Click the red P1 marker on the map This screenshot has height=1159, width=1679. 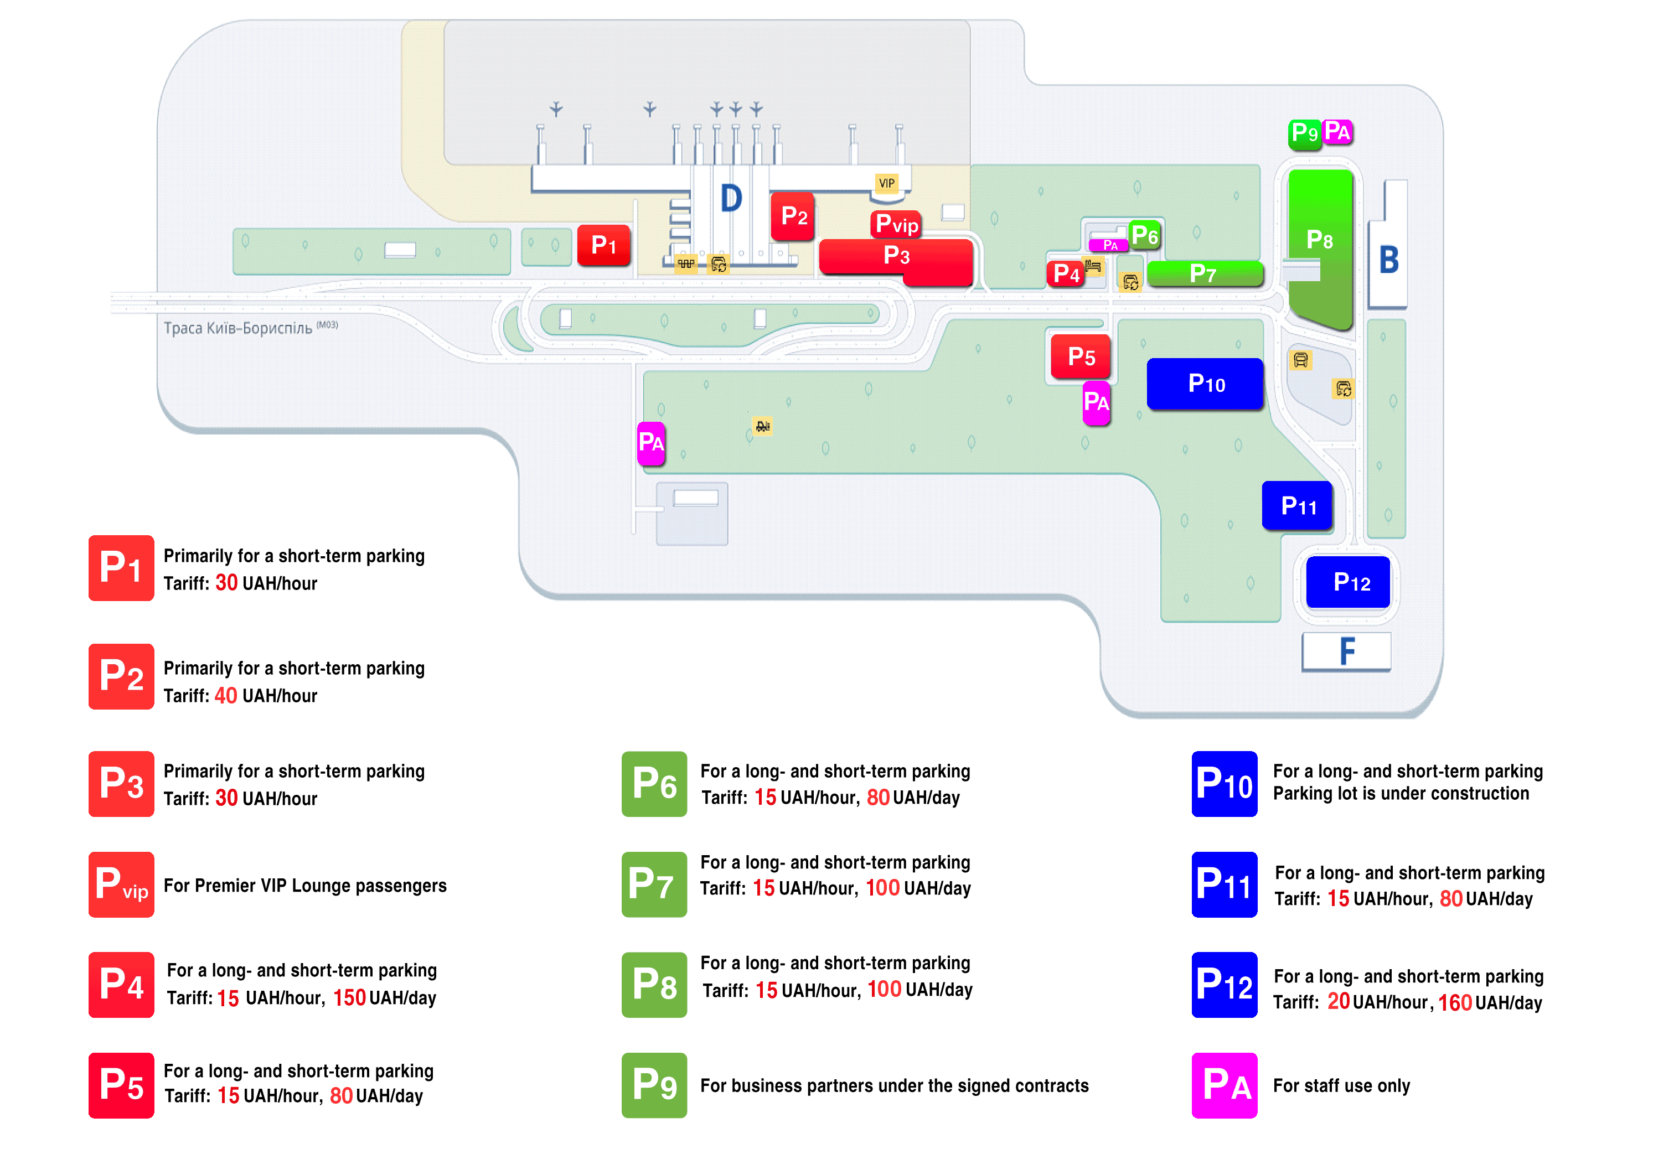pyautogui.click(x=603, y=245)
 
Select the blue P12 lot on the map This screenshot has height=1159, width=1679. pyautogui.click(x=1348, y=582)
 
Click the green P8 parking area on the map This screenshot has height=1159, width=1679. pyautogui.click(x=1320, y=247)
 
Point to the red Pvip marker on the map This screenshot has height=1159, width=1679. pyautogui.click(x=896, y=224)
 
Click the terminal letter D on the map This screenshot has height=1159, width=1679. pyautogui.click(x=731, y=198)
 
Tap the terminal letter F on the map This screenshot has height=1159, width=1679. pyautogui.click(x=1347, y=651)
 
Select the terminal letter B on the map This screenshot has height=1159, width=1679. pyautogui.click(x=1388, y=259)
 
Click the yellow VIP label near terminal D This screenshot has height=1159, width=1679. pyautogui.click(x=887, y=183)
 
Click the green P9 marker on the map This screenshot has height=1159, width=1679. pyautogui.click(x=1304, y=133)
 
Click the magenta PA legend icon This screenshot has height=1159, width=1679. pyautogui.click(x=1225, y=1085)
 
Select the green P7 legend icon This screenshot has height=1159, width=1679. pyautogui.click(x=654, y=884)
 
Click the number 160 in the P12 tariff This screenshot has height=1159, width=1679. pyautogui.click(x=1455, y=1003)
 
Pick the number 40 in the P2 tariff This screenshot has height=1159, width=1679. pyautogui.click(x=226, y=696)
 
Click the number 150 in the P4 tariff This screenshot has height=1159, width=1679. pyautogui.click(x=349, y=998)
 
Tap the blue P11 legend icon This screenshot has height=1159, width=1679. pyautogui.click(x=1225, y=884)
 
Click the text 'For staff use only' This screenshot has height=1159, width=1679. pyautogui.click(x=1341, y=1085)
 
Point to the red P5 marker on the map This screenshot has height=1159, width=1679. pyautogui.click(x=1081, y=356)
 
